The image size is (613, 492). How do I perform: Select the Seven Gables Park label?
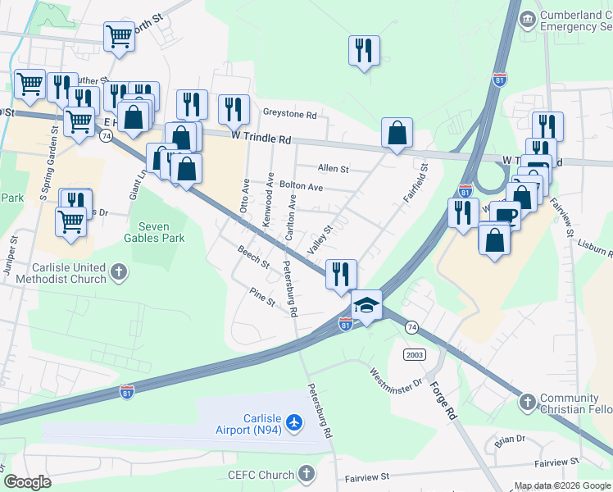[161, 232]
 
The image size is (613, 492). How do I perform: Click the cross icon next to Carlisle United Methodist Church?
[120, 272]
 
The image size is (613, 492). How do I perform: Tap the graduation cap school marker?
[366, 306]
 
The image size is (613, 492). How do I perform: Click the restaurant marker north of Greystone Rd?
[362, 51]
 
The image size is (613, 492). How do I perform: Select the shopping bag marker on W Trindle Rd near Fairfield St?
[397, 133]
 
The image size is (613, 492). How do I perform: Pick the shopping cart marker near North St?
[120, 37]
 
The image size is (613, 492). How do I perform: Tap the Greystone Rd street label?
[288, 114]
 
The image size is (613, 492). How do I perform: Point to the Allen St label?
[333, 169]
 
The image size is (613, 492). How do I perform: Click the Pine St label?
[263, 298]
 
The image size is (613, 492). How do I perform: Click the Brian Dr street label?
[510, 440]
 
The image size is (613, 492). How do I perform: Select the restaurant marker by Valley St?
[341, 274]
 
